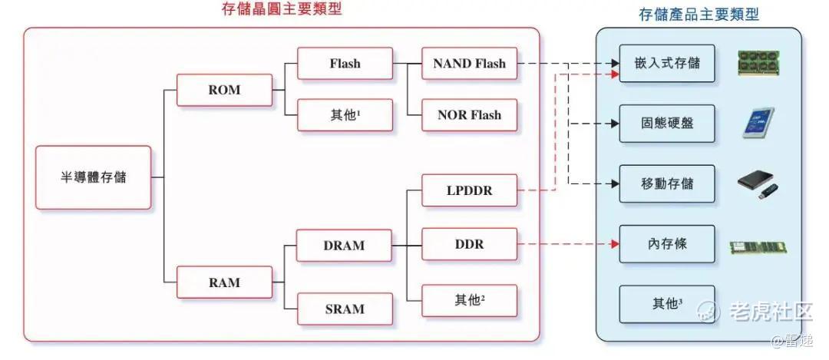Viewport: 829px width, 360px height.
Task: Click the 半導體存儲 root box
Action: [x=94, y=177]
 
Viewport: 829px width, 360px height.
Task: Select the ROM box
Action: [x=224, y=90]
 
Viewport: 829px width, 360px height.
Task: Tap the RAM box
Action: [x=224, y=282]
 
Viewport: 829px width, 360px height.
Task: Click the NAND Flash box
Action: [x=470, y=64]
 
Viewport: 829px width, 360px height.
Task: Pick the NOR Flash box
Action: [x=470, y=114]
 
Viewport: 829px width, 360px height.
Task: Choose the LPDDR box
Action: [x=470, y=190]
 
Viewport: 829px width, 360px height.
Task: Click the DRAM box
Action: [x=344, y=246]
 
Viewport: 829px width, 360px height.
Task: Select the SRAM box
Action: [x=345, y=309]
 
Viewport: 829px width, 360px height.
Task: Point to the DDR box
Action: [x=470, y=244]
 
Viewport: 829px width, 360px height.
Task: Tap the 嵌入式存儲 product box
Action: [x=667, y=64]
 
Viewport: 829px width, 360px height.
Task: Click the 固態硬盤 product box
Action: [x=667, y=124]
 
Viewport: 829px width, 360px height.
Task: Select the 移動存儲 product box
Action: [x=667, y=184]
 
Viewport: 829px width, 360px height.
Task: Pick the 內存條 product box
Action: [x=667, y=244]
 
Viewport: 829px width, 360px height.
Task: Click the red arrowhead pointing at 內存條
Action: [x=615, y=244]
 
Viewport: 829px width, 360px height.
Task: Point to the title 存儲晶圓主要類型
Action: [x=282, y=9]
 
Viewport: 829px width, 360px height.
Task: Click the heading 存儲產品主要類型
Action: [x=699, y=15]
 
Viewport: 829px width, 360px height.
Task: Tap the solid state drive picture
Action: [x=758, y=123]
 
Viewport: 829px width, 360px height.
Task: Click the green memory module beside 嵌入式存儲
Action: [x=758, y=64]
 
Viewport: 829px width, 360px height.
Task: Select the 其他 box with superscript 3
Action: [x=667, y=305]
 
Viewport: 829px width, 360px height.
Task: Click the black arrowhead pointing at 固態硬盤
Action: [x=615, y=124]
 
